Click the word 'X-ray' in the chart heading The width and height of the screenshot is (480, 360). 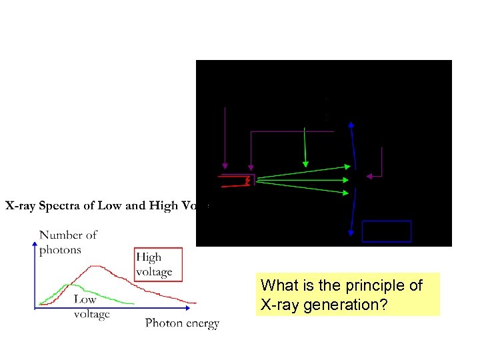(22, 205)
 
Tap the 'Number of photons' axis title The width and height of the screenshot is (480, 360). (68, 242)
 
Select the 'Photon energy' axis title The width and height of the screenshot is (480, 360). (182, 323)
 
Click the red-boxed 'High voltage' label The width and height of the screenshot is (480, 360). (153, 265)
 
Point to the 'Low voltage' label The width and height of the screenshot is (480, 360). (91, 307)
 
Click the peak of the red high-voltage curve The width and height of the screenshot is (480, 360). (98, 267)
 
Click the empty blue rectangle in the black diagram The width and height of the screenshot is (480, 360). (386, 231)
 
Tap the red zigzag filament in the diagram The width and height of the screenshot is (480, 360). (247, 181)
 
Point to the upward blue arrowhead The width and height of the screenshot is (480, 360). (351, 124)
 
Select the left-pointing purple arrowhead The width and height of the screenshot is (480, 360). (369, 176)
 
